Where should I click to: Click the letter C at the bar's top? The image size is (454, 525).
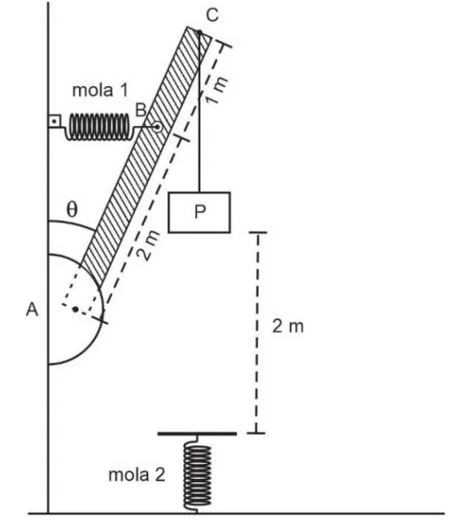(212, 15)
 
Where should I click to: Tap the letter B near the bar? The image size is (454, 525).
(141, 110)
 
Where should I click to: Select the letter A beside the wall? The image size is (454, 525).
(32, 310)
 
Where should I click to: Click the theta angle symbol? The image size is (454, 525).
(72, 209)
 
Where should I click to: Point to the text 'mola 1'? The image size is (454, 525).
(100, 90)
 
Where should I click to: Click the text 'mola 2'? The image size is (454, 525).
(137, 474)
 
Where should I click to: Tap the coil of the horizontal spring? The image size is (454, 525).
(99, 127)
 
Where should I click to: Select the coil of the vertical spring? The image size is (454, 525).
(197, 475)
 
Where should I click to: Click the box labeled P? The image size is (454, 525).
(200, 212)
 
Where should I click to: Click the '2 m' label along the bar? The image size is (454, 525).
(148, 246)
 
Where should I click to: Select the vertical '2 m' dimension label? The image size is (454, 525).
(288, 326)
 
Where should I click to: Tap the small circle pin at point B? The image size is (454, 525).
(157, 127)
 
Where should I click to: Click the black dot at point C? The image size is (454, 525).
(200, 33)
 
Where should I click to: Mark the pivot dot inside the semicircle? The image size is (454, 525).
(75, 310)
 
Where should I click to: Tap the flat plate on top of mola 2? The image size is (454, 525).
(197, 434)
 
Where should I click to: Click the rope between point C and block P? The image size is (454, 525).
(200, 113)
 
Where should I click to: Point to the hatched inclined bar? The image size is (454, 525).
(146, 157)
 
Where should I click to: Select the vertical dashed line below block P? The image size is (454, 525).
(257, 333)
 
